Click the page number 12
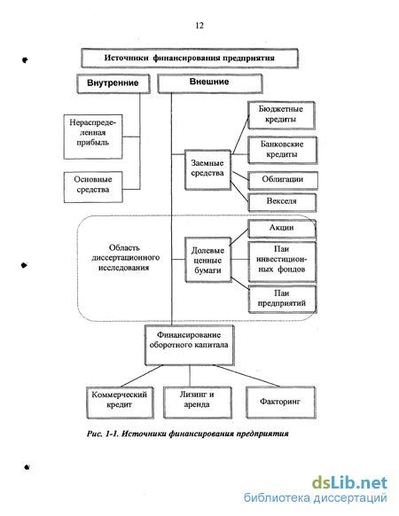pos(199,26)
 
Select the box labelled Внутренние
pos(113,83)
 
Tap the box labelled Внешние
pos(210,83)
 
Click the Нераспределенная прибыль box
pos(93,137)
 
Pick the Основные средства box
pos(93,187)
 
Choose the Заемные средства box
pos(207,170)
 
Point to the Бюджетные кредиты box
pos(281,115)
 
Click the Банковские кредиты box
pos(283,150)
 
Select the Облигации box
pos(283,181)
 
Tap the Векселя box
pos(282,202)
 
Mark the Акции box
pos(282,229)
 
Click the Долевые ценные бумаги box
pos(208,260)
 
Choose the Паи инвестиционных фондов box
pos(282,262)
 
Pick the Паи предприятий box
pos(282,299)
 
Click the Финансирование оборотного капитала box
pos(190,345)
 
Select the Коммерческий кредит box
pos(120,403)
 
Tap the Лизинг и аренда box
pos(198,403)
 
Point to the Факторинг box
pos(281,403)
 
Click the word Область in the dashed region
pos(124,247)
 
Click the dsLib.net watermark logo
pos(349,483)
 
